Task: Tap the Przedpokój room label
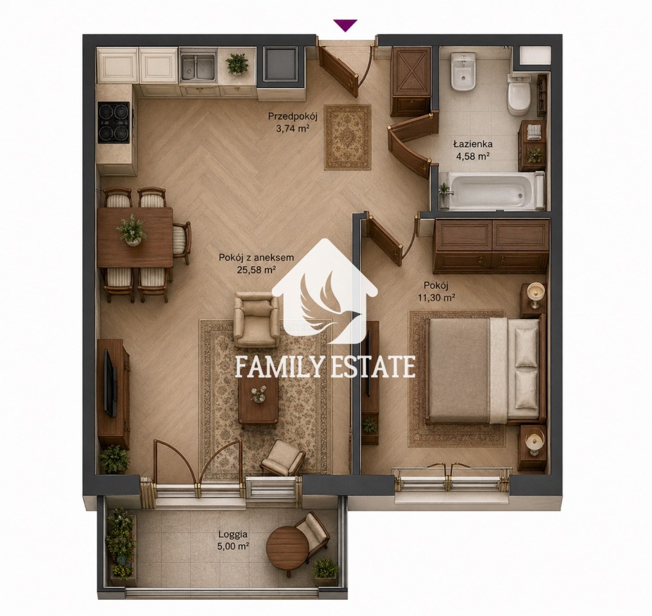293,116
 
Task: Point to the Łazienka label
473,144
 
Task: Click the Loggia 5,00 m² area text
233,540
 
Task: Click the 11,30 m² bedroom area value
435,298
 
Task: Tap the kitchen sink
198,67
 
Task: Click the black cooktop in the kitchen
114,122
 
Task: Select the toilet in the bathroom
519,95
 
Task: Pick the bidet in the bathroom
463,71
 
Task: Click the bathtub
493,191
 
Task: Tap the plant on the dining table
132,230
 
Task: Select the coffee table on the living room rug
258,401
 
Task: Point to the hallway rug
348,137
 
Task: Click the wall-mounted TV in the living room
110,383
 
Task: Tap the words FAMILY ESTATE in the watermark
325,366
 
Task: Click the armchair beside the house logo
255,319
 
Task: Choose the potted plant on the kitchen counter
237,64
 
